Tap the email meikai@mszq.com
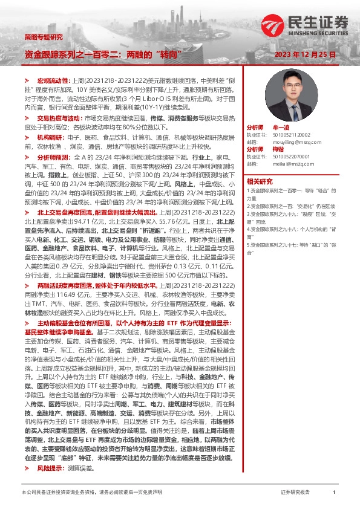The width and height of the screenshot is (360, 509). coord(293,163)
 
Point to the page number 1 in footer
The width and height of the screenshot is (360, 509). coord(333,493)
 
